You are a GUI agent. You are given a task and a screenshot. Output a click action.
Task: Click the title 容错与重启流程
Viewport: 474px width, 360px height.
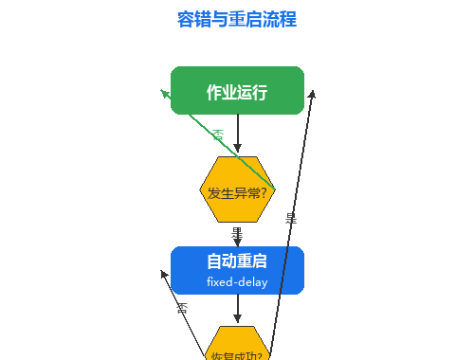tap(237, 19)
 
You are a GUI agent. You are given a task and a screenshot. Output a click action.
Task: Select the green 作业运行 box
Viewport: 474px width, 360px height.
tap(237, 91)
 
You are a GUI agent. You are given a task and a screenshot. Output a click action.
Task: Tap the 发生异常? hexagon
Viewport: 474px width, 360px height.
tap(237, 191)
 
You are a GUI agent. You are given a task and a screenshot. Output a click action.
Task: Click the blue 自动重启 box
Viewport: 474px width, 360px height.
tap(237, 270)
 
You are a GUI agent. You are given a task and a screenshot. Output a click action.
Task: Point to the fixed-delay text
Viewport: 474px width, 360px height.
tap(237, 282)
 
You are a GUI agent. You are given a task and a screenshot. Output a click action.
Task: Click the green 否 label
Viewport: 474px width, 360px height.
tap(219, 135)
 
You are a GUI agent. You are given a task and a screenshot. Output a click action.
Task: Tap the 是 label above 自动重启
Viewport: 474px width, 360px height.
tap(237, 233)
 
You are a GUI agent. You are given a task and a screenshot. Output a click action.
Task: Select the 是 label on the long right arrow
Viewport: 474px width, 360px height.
tap(291, 218)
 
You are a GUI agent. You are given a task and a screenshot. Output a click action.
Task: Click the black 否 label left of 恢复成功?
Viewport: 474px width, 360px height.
tap(182, 307)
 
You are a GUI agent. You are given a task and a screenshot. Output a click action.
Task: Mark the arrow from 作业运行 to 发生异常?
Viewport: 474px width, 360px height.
tap(237, 133)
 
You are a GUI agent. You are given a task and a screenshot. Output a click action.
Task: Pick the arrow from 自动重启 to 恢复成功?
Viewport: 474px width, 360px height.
tap(237, 309)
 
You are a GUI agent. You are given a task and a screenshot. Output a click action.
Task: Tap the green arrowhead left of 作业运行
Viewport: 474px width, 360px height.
tap(165, 93)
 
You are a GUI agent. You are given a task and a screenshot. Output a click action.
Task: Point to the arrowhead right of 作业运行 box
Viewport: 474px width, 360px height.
tap(312, 94)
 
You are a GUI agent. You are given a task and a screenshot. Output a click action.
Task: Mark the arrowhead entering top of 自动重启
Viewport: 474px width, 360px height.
tap(237, 242)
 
